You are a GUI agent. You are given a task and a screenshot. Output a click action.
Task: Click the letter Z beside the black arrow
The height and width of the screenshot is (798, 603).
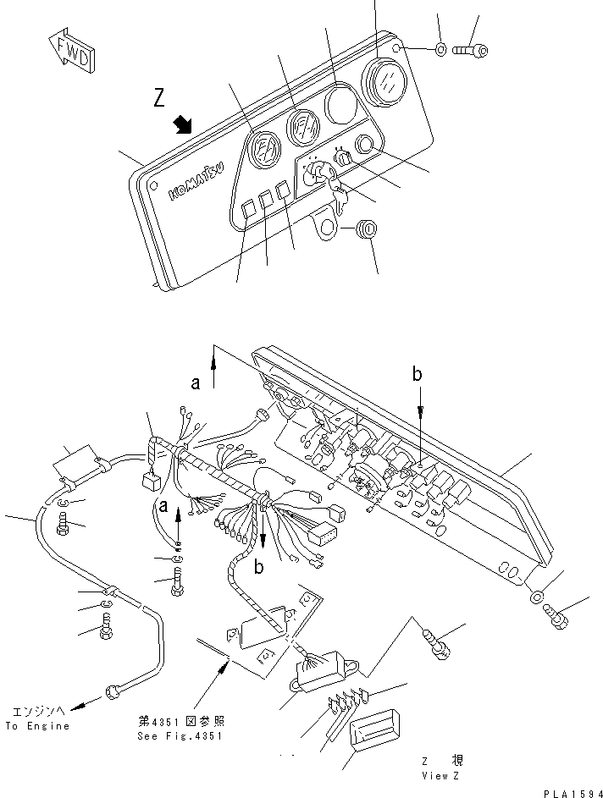pos(159,99)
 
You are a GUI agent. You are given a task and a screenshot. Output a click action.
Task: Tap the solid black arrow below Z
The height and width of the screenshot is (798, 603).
pos(181,126)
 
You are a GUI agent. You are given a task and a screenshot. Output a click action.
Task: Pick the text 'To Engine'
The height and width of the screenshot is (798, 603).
pos(36,726)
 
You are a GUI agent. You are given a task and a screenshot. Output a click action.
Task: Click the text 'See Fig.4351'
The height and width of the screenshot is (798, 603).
pos(181,735)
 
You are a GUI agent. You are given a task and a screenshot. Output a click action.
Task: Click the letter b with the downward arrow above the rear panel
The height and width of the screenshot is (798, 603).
pos(417,373)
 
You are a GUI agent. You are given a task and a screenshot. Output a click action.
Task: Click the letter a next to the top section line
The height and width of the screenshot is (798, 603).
pos(196,382)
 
